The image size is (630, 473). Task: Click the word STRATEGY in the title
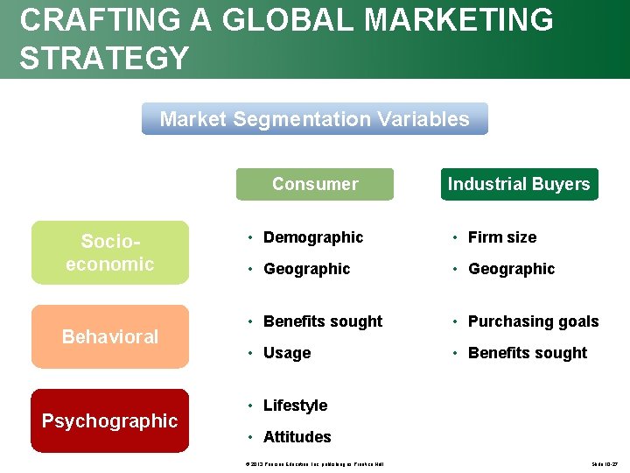104,58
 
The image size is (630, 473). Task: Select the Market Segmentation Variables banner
315,119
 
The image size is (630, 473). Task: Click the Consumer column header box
315,184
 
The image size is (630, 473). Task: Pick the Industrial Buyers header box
519,184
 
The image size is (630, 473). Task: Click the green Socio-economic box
110,252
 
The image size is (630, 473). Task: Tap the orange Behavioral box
110,336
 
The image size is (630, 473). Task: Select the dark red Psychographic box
110,420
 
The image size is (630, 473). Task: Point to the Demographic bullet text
313,237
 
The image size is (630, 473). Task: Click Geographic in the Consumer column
306,269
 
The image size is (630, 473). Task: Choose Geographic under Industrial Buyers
511,269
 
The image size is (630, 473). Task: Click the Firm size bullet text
502,237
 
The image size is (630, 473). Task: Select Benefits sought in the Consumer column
323,321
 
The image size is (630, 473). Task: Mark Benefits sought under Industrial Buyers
528,353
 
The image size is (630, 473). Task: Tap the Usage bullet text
287,353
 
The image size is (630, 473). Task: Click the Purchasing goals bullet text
533,321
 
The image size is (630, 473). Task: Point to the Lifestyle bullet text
295,406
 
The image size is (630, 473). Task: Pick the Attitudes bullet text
297,437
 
